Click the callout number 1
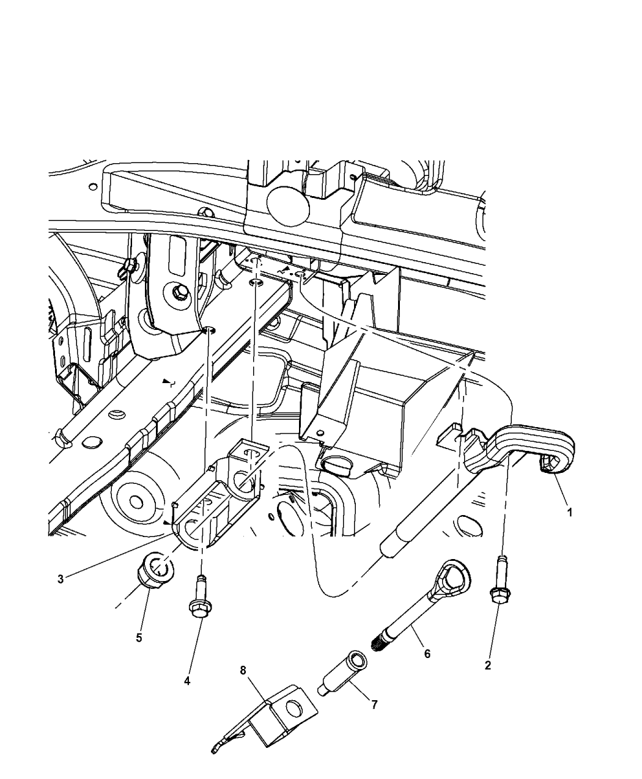pos(569,513)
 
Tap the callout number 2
pos(487,666)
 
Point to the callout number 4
pos(187,680)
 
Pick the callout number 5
pos(139,637)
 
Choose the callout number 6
pos(427,654)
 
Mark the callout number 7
pos(374,704)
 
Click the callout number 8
pos(243,670)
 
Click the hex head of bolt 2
pos(498,596)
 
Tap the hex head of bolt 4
pos(199,610)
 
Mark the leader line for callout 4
pos(192,648)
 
